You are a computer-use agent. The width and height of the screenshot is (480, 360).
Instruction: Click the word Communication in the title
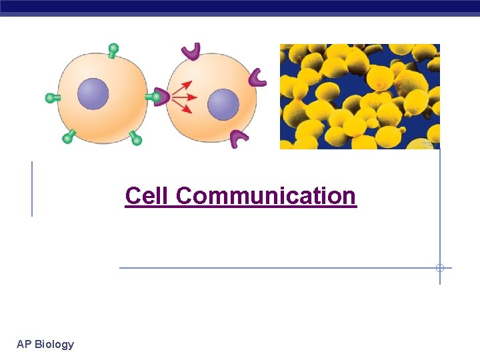[266, 196]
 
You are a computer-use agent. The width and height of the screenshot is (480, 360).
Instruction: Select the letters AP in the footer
[24, 344]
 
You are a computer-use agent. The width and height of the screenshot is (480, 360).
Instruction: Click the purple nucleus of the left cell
[93, 94]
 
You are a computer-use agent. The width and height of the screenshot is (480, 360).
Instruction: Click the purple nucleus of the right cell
[223, 105]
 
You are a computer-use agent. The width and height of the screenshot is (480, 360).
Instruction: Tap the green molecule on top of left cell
[114, 50]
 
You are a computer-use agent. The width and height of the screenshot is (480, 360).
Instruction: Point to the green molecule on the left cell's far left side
[53, 98]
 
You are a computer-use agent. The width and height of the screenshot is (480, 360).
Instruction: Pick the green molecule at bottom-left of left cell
[68, 137]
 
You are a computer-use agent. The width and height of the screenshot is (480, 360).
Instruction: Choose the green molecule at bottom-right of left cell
[135, 139]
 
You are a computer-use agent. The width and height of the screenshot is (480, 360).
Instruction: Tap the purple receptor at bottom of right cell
[239, 138]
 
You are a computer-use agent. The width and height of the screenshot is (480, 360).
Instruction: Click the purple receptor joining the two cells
[160, 97]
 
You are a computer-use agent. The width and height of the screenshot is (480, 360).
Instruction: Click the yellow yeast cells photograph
[359, 96]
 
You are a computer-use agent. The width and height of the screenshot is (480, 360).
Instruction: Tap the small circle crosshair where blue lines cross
[440, 268]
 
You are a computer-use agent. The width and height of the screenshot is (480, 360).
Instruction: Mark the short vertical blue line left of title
[32, 189]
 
